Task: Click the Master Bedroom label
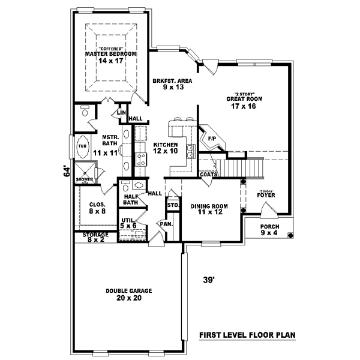[108, 56]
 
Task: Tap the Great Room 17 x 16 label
[245, 103]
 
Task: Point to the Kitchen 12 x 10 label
[166, 148]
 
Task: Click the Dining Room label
[207, 209]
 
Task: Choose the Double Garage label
[128, 294]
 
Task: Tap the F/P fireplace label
[211, 139]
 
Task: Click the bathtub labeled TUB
[82, 146]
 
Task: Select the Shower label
[83, 179]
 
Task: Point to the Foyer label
[266, 194]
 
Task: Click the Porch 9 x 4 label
[269, 230]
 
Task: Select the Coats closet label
[208, 175]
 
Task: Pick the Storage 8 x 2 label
[95, 238]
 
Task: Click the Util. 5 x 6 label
[128, 223]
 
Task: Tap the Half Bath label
[131, 199]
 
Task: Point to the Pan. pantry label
[166, 224]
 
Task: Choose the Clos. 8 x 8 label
[89, 208]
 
